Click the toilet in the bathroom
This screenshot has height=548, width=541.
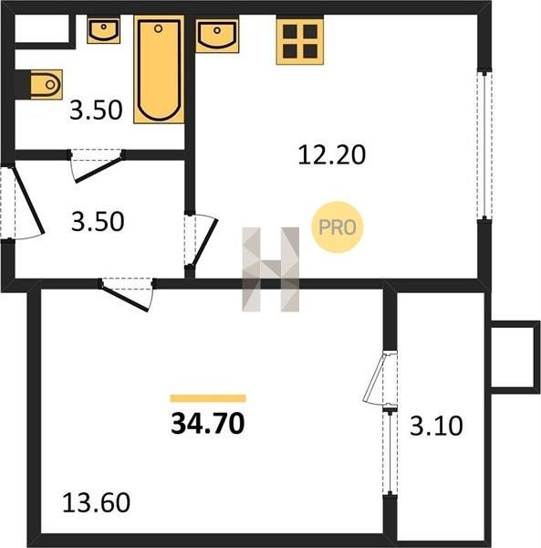click(x=47, y=84)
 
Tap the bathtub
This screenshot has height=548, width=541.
click(x=159, y=69)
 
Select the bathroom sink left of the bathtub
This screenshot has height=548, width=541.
click(x=104, y=30)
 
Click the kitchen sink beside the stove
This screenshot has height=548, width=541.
click(x=217, y=36)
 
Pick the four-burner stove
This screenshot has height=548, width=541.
click(x=300, y=41)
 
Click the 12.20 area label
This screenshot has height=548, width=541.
click(x=331, y=154)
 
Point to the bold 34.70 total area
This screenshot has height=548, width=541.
click(x=208, y=423)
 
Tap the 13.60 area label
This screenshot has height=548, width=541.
click(x=97, y=502)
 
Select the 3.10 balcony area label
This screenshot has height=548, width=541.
click(x=436, y=426)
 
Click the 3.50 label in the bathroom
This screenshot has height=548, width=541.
click(x=96, y=111)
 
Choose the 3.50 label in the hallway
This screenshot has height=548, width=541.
click(x=98, y=222)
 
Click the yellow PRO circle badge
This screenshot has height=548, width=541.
click(x=338, y=227)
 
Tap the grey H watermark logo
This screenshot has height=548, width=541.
click(x=271, y=269)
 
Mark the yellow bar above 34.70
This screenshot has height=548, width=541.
click(x=208, y=398)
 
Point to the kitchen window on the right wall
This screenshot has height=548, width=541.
click(x=484, y=145)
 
